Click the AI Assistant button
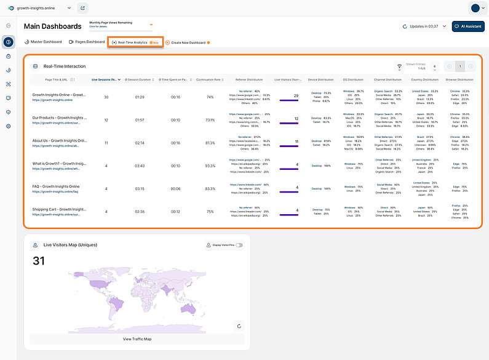[467, 26]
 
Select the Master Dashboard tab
[43, 42]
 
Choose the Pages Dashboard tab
[86, 42]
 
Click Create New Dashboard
[188, 42]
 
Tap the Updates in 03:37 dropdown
[424, 26]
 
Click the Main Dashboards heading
[52, 26]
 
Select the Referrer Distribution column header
[249, 79]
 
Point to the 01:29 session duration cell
[140, 97]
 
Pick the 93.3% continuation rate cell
[210, 166]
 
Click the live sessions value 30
[106, 97]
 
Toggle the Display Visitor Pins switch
[239, 246]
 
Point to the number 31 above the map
[38, 261]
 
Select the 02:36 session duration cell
[140, 212]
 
